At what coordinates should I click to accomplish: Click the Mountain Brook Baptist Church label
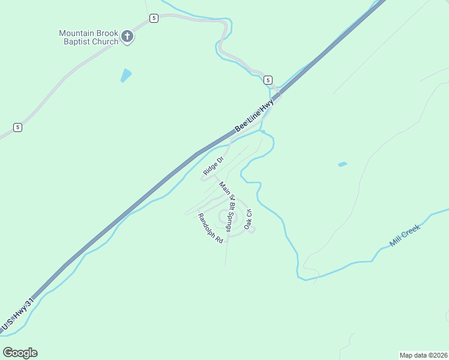click(x=88, y=37)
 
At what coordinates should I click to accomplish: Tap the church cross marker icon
click(x=127, y=37)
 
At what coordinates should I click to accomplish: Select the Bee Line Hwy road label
click(x=254, y=116)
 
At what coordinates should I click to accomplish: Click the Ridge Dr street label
click(x=213, y=166)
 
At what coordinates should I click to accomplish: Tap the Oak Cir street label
click(x=248, y=220)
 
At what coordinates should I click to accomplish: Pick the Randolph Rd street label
click(x=211, y=229)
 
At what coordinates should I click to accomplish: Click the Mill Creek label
click(x=405, y=235)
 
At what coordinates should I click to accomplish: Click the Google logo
click(x=20, y=353)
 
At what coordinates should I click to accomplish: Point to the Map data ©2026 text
click(x=423, y=355)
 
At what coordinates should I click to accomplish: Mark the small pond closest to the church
click(x=126, y=75)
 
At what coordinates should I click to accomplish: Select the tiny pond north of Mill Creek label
click(x=342, y=164)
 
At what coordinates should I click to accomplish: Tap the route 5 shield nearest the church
click(x=154, y=19)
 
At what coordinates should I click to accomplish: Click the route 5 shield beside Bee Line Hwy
click(x=268, y=80)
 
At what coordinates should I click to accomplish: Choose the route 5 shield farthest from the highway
click(x=18, y=127)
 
